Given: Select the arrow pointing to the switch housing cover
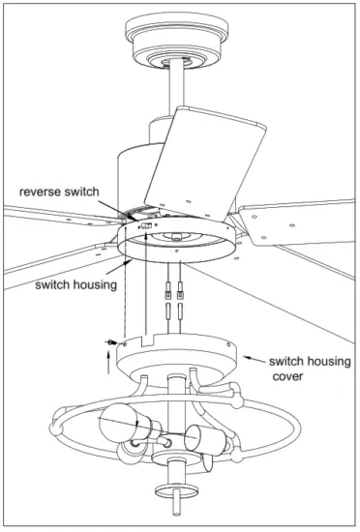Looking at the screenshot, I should (x=254, y=358).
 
